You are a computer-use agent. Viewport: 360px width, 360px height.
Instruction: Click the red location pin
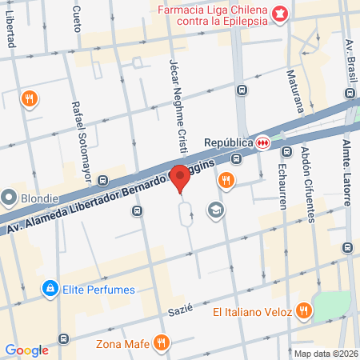181,177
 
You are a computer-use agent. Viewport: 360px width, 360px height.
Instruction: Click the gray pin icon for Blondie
10,196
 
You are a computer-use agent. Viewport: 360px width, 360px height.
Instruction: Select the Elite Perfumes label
100,290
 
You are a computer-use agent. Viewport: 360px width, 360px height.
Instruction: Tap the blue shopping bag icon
50,287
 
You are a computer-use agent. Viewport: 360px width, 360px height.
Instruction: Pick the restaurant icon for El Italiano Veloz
303,310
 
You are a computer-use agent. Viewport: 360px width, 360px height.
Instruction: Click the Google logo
26,350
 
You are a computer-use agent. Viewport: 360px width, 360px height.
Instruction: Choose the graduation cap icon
214,210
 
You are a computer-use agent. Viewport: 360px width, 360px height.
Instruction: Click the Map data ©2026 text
324,354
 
